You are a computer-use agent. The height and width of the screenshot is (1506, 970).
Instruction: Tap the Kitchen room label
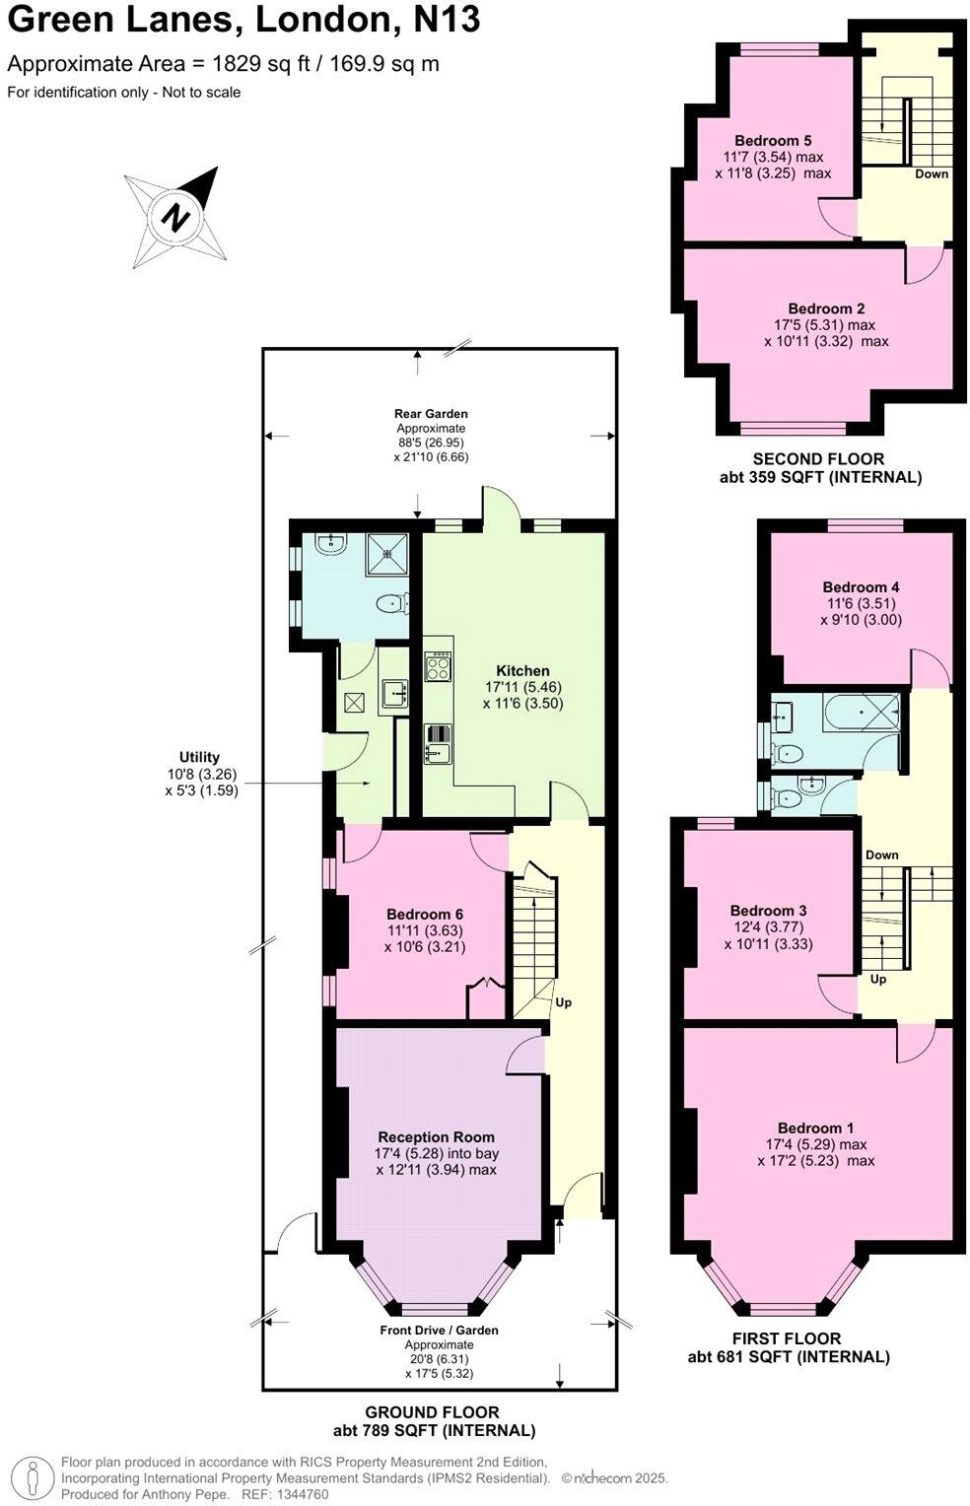pyautogui.click(x=522, y=671)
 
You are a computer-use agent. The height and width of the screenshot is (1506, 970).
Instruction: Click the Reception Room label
pyautogui.click(x=436, y=1136)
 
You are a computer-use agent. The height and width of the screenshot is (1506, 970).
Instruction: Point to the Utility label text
pyautogui.click(x=200, y=758)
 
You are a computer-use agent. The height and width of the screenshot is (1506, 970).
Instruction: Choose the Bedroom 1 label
pyautogui.click(x=815, y=1128)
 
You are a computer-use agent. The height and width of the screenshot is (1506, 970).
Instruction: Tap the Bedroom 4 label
pyautogui.click(x=861, y=587)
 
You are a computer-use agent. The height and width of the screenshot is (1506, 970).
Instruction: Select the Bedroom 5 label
pyautogui.click(x=773, y=141)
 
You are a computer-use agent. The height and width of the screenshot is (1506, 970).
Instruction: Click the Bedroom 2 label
pyautogui.click(x=826, y=308)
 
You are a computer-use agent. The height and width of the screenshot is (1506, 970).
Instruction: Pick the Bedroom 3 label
pyautogui.click(x=768, y=911)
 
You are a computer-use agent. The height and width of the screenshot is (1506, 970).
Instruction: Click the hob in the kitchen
pyautogui.click(x=437, y=667)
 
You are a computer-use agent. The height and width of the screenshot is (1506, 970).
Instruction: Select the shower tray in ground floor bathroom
pyautogui.click(x=386, y=556)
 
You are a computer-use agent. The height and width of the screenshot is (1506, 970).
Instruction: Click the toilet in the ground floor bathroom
pyautogui.click(x=392, y=602)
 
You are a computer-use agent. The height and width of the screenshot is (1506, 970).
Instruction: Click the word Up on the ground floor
pyautogui.click(x=563, y=1002)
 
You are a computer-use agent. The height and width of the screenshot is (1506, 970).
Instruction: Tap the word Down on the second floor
pyautogui.click(x=931, y=174)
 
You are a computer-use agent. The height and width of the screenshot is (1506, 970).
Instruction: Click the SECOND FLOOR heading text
pyautogui.click(x=818, y=458)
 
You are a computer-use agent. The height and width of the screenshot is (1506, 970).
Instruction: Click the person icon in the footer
pyautogui.click(x=34, y=1478)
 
